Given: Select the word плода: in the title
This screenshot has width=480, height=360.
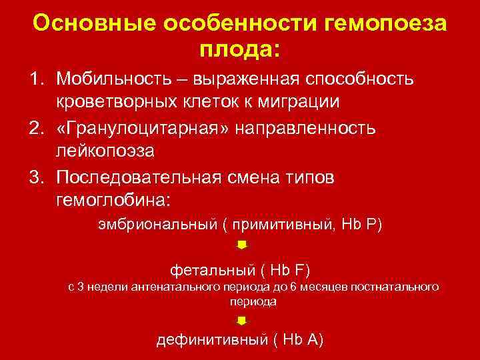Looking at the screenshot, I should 240,49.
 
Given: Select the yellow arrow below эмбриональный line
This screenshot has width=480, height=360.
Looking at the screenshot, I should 242,245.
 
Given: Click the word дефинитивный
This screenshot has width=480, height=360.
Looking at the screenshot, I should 211,340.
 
